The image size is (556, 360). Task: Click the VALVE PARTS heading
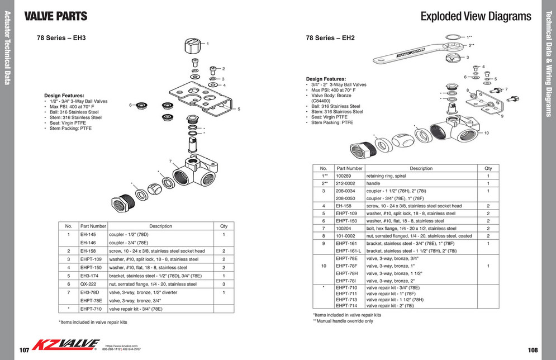click(x=55, y=16)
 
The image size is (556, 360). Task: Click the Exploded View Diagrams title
click(x=476, y=16)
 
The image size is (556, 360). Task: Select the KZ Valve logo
click(x=66, y=344)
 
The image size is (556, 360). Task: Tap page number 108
click(x=533, y=349)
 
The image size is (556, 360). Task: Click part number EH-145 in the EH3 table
click(x=88, y=235)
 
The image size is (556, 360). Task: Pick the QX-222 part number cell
click(x=88, y=284)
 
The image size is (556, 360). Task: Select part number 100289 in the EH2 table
click(x=343, y=176)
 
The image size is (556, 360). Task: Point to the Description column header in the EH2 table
click(x=421, y=168)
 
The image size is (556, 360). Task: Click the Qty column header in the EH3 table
click(x=224, y=226)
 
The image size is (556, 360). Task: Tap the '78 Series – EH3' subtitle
click(x=61, y=38)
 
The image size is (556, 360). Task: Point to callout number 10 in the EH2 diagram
click(x=486, y=133)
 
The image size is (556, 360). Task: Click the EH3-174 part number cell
click(x=91, y=276)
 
